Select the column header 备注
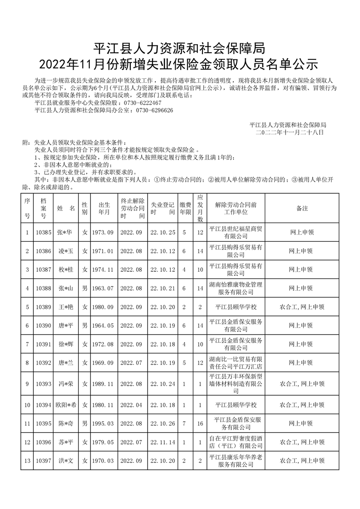click(302, 208)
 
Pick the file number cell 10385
click(44, 232)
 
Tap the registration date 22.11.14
click(163, 442)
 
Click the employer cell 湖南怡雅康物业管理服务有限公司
click(236, 289)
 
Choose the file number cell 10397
click(44, 461)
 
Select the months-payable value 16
click(200, 424)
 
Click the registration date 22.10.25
click(163, 232)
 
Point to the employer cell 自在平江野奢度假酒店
click(236, 442)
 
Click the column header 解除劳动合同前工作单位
click(236, 208)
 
